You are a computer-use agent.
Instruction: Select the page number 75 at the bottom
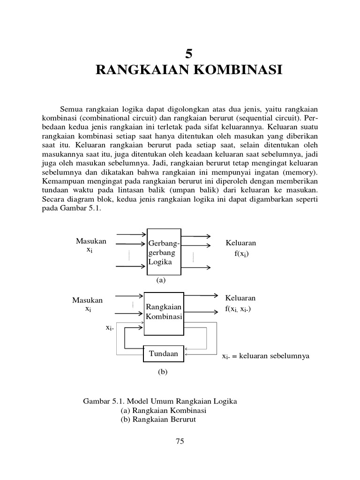point(180,441)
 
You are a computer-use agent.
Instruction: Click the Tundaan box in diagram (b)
point(164,354)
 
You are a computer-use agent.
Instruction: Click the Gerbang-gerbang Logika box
point(164,253)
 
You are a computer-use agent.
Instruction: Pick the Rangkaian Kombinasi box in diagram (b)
point(164,312)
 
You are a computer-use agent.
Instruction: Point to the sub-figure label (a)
point(161,280)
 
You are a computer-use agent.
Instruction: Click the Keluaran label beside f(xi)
point(241,243)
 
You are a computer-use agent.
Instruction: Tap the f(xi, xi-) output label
point(238,309)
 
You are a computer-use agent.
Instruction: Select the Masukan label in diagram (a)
point(91,241)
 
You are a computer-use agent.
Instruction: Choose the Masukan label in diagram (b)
point(87,300)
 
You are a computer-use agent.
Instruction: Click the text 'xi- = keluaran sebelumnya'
point(265,356)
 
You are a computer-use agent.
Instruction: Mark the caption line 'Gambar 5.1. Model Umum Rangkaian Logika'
point(160,401)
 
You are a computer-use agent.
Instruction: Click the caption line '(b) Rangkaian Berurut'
point(158,419)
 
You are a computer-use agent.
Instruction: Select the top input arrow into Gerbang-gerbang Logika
point(131,234)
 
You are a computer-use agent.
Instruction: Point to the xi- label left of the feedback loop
point(110,328)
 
